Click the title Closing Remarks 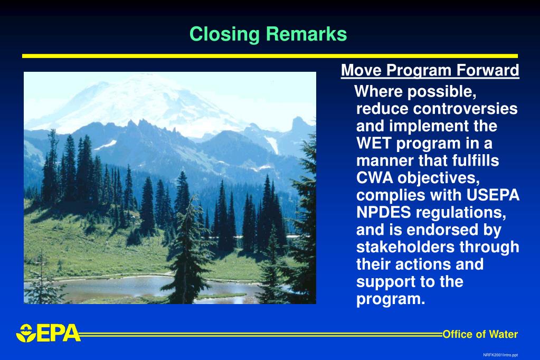click(x=268, y=34)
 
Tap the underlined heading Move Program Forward click(x=430, y=70)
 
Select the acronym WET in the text click(x=374, y=143)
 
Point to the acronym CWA click(x=375, y=178)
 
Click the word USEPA click(x=493, y=195)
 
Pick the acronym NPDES click(x=384, y=212)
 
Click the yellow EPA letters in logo click(x=59, y=333)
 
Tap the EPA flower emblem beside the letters click(x=26, y=333)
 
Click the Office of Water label click(x=480, y=334)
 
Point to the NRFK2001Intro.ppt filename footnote click(x=500, y=355)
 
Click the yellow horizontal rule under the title click(x=270, y=56)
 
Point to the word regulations click(x=461, y=213)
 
